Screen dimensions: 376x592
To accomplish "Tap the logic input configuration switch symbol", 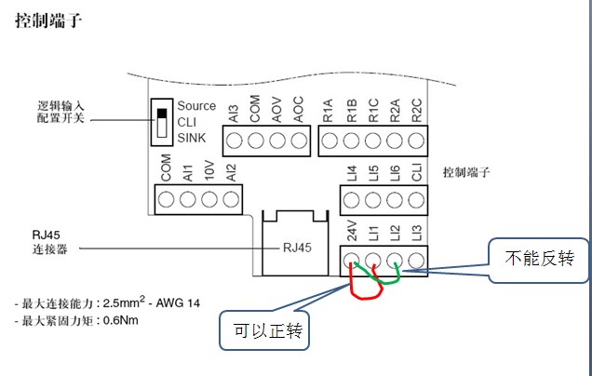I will pos(164,123).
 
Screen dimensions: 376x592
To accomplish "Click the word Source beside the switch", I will pos(196,106).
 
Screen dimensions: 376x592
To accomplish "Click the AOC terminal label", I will pos(298,112).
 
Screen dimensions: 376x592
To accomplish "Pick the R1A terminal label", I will pos(329,114).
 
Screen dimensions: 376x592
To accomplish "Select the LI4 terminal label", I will pos(351,174).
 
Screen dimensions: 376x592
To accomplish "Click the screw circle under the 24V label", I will pos(352,261).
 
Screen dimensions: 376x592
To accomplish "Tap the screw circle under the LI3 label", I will pos(416,261).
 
